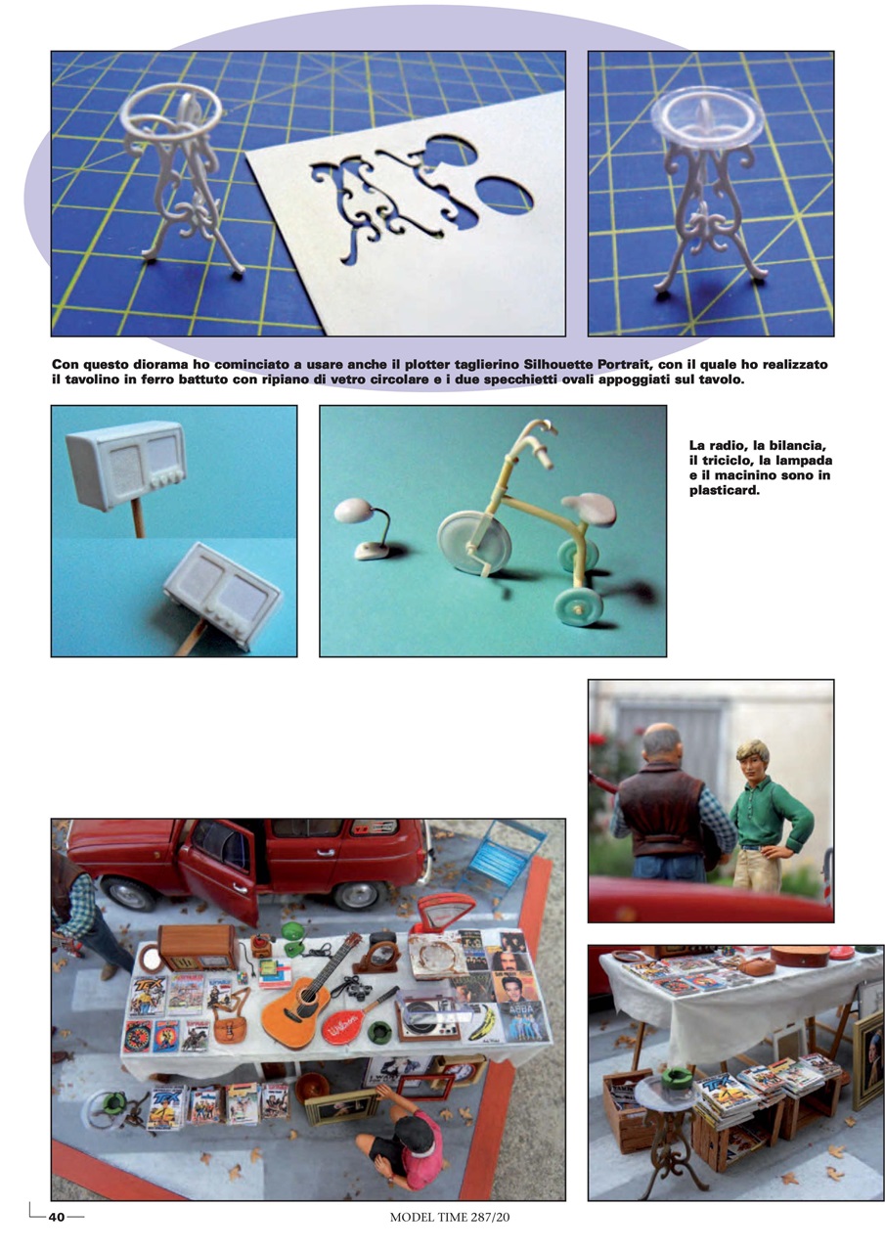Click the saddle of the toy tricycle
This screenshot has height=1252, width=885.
(589, 509)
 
